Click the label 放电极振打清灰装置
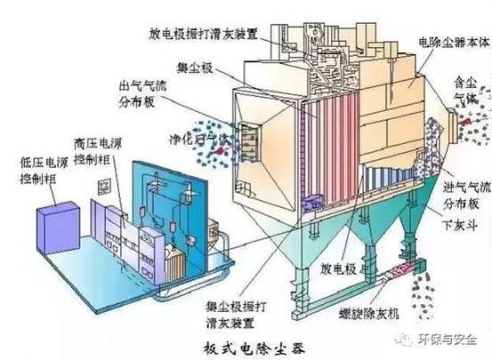tap(206, 36)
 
